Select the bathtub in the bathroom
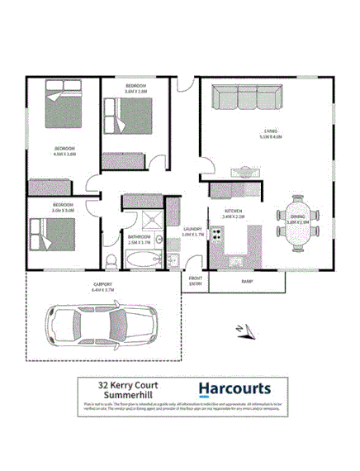(x=144, y=261)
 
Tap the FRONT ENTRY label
(x=195, y=281)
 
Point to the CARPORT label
(x=102, y=285)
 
